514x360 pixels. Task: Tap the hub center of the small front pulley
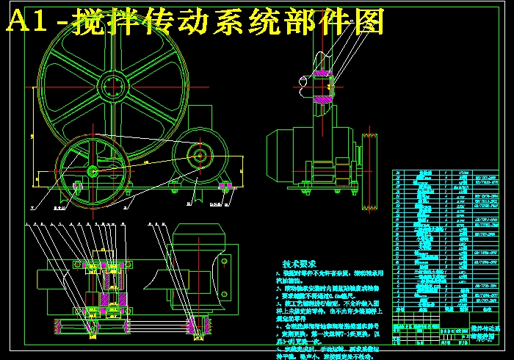tap(93, 170)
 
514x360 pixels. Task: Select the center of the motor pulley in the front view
tap(198, 155)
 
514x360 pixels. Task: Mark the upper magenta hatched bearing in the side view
tap(322, 73)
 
